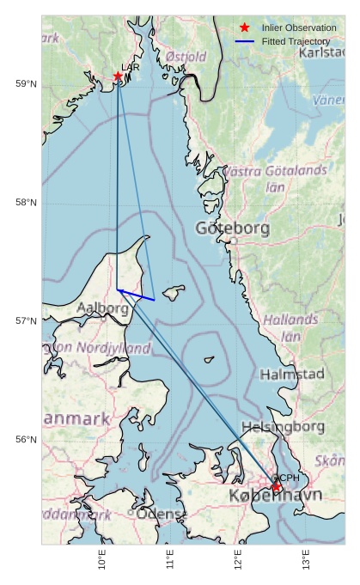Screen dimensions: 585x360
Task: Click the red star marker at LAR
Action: [x=118, y=76]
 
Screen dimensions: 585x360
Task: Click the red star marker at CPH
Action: [x=277, y=487]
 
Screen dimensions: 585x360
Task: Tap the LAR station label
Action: [x=131, y=67]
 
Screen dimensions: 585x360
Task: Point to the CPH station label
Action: [x=287, y=478]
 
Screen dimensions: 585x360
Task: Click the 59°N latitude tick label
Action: [x=27, y=83]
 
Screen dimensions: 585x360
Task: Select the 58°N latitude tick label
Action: [x=27, y=202]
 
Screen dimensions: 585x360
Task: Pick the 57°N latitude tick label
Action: [x=27, y=320]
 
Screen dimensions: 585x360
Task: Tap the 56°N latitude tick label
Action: [x=27, y=439]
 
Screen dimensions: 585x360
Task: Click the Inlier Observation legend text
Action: [x=299, y=27]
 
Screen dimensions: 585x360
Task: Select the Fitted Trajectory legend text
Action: [x=296, y=41]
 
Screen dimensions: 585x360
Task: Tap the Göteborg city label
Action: [x=232, y=229]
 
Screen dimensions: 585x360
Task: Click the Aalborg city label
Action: [x=103, y=308]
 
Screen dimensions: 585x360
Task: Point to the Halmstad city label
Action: [x=292, y=374]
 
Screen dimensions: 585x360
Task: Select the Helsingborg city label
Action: [x=281, y=426]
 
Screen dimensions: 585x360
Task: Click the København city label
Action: [x=275, y=496]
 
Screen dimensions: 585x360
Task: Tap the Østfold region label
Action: [x=186, y=57]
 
